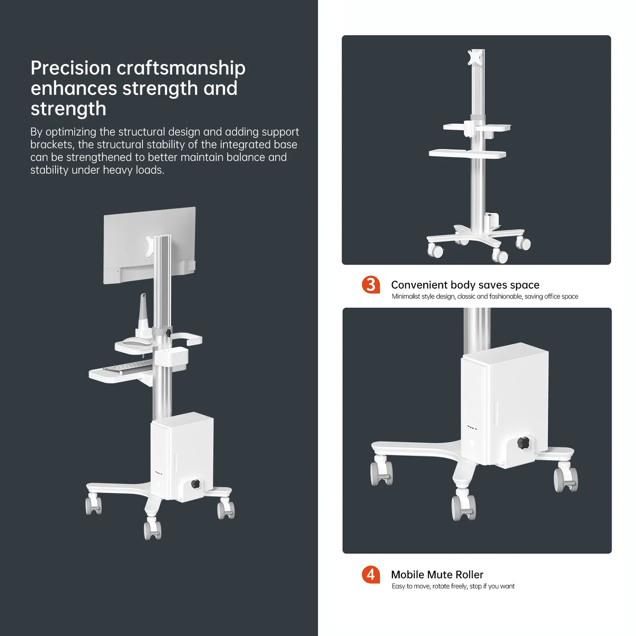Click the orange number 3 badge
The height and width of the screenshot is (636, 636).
(x=371, y=284)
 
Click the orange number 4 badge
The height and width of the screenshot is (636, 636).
(x=371, y=575)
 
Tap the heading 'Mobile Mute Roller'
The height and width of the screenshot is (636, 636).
(x=437, y=575)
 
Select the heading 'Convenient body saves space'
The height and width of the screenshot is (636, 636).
(x=465, y=285)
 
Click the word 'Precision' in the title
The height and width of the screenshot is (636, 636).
(x=71, y=68)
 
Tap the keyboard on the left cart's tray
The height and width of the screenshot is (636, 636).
(x=127, y=367)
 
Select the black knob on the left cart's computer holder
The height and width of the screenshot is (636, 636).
(x=195, y=484)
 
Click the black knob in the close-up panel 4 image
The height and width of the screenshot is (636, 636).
(x=523, y=443)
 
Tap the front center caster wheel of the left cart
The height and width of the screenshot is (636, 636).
(x=153, y=530)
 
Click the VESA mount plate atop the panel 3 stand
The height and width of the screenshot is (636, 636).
(x=473, y=57)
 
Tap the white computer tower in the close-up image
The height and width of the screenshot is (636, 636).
(x=505, y=403)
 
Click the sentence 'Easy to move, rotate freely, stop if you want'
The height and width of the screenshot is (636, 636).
(x=453, y=586)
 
